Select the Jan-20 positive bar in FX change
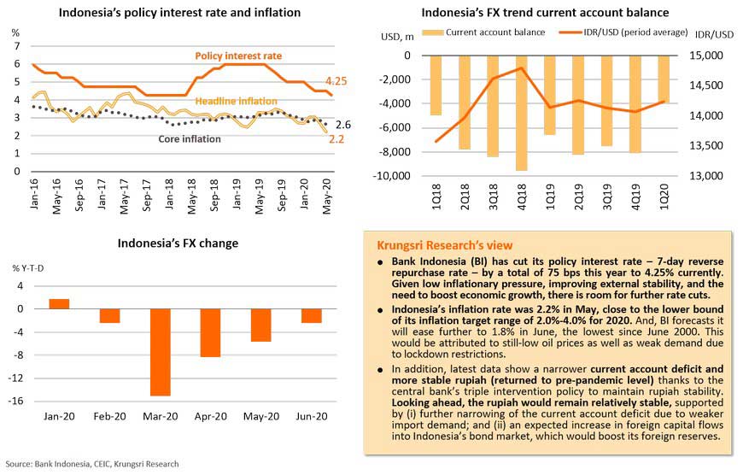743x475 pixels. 59,303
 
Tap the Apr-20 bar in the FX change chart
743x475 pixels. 210,332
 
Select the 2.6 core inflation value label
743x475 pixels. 343,124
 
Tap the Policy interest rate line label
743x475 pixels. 238,56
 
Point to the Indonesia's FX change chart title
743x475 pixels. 178,243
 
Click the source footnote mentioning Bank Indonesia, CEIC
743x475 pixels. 91,465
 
